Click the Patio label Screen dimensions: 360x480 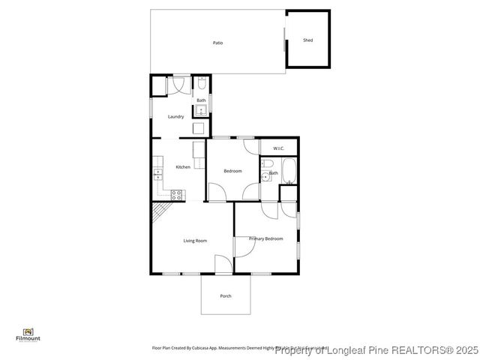point(217,43)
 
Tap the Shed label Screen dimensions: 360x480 point(307,40)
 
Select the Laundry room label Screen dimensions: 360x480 point(176,116)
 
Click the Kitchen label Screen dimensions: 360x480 point(183,166)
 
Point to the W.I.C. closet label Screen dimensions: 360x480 point(278,148)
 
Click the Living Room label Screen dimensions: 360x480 point(195,241)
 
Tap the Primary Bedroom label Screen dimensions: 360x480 point(266,238)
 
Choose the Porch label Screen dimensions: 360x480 point(226,296)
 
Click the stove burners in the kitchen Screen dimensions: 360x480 point(177,194)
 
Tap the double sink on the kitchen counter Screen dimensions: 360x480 point(158,175)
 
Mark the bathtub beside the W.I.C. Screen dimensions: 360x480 point(289,172)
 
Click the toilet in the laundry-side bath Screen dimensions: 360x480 point(202,84)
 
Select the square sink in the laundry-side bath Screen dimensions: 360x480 point(200,111)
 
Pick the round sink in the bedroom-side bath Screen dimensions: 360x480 point(266,177)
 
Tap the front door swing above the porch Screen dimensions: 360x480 point(223,264)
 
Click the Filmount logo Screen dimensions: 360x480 point(28,334)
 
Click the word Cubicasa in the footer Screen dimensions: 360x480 point(199,348)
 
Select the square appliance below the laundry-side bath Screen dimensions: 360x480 point(198,127)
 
